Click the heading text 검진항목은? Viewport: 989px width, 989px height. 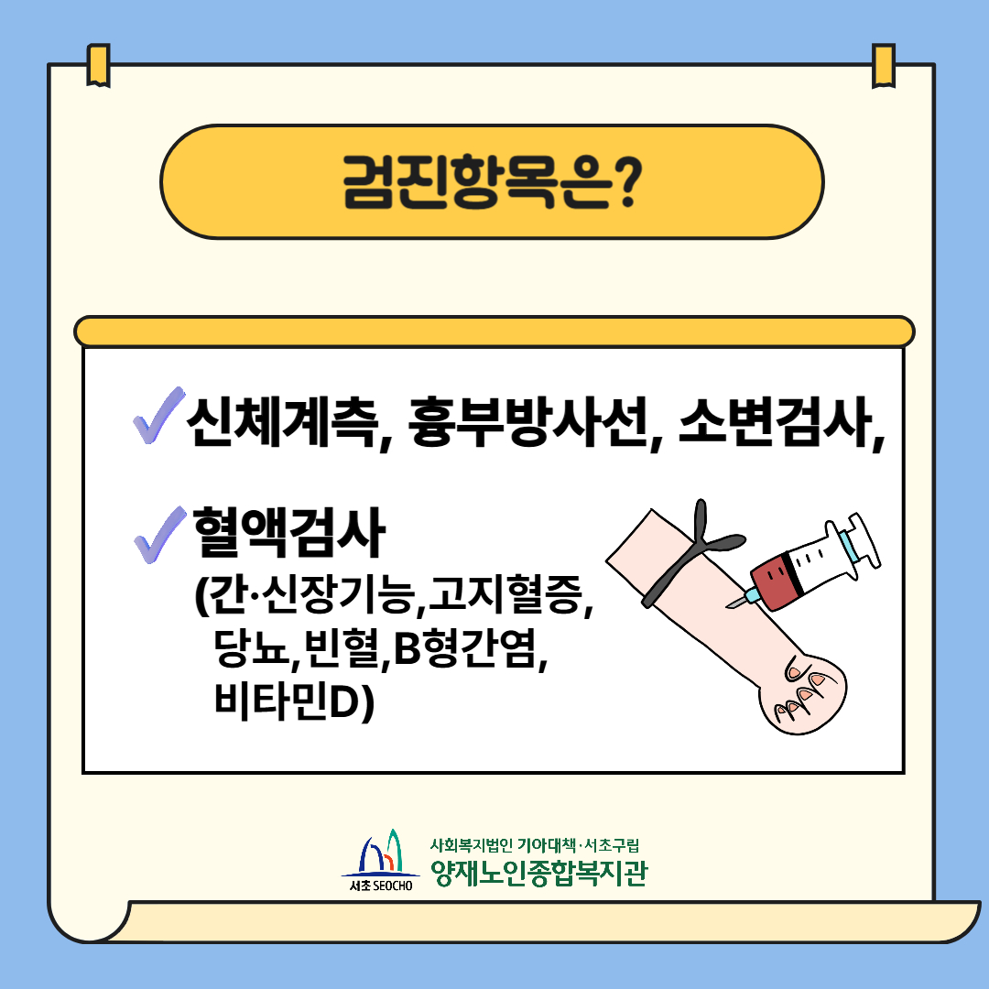pos(493,182)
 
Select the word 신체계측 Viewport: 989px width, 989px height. pos(283,421)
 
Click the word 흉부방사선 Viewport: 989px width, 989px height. pos(528,421)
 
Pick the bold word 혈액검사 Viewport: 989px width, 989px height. pos(288,532)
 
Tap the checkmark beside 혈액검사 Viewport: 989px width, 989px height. pos(159,535)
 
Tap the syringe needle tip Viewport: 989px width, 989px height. pos(728,607)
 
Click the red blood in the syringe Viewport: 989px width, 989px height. pos(773,581)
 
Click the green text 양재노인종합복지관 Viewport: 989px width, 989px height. pos(539,873)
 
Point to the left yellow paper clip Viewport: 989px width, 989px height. pos(98,65)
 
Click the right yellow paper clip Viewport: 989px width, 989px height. pos(884,66)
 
